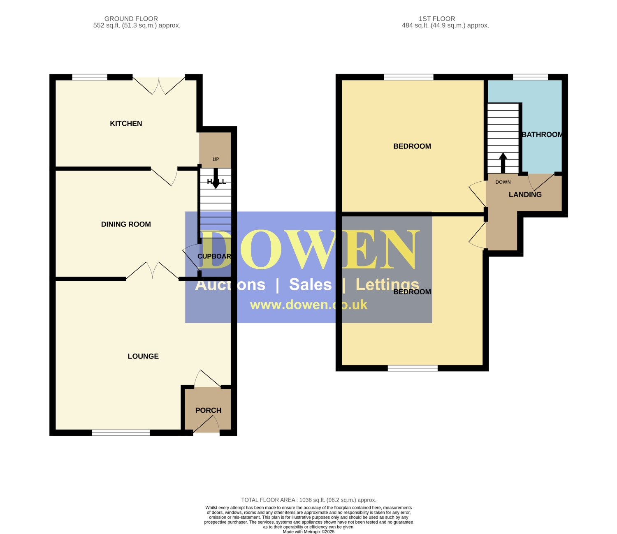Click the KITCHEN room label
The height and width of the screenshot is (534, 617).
click(x=126, y=123)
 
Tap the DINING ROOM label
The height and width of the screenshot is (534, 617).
click(x=126, y=224)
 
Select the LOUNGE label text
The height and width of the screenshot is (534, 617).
click(x=143, y=356)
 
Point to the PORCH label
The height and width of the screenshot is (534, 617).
click(x=208, y=411)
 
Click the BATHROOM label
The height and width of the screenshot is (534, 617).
click(x=542, y=134)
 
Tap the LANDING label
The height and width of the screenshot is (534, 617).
click(x=525, y=194)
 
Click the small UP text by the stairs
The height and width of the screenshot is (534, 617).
click(x=216, y=160)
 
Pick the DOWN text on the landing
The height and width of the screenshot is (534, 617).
click(x=503, y=182)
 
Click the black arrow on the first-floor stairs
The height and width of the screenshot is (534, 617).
click(x=503, y=163)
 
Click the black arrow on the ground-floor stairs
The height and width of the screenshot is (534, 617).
click(x=216, y=178)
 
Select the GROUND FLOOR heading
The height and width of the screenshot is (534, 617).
click(x=131, y=19)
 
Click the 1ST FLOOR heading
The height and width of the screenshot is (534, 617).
click(x=437, y=19)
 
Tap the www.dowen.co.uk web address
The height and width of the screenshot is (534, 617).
click(x=308, y=305)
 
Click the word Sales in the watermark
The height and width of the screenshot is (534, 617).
click(x=310, y=284)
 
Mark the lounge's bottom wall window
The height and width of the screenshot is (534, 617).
click(x=121, y=432)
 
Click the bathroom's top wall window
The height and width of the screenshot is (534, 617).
click(x=531, y=77)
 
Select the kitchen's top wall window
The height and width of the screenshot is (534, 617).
click(x=90, y=77)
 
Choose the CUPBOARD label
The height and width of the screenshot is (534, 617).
click(x=214, y=256)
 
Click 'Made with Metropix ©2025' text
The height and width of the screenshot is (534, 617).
click(x=308, y=532)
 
